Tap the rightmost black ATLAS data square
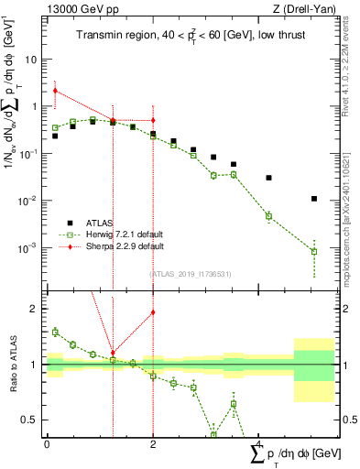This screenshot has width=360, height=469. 314,199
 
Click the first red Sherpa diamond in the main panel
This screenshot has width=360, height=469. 56,91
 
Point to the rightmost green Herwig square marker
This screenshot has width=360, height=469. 314,251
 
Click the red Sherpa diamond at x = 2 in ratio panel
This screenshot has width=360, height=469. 153,312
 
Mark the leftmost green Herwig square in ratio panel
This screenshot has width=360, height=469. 56,332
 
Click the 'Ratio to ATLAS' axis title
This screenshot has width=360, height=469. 11,365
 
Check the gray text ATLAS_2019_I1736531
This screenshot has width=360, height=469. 190,273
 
